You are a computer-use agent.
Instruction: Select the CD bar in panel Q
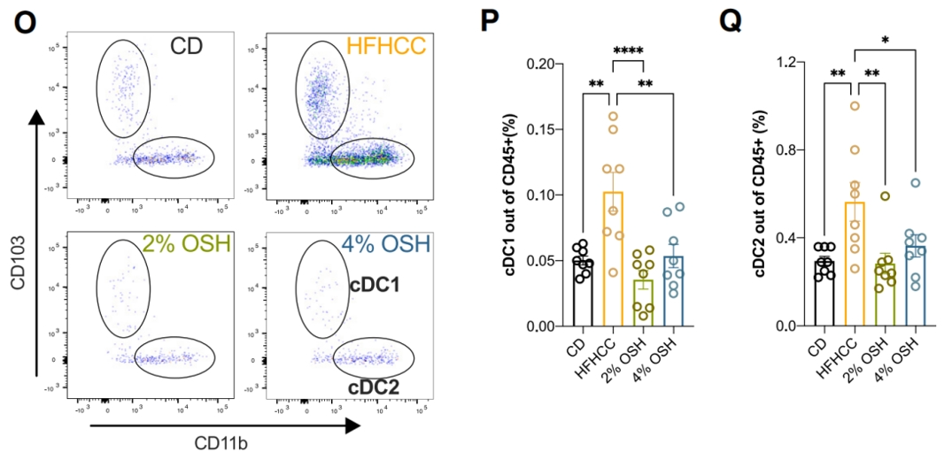(x=824, y=293)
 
